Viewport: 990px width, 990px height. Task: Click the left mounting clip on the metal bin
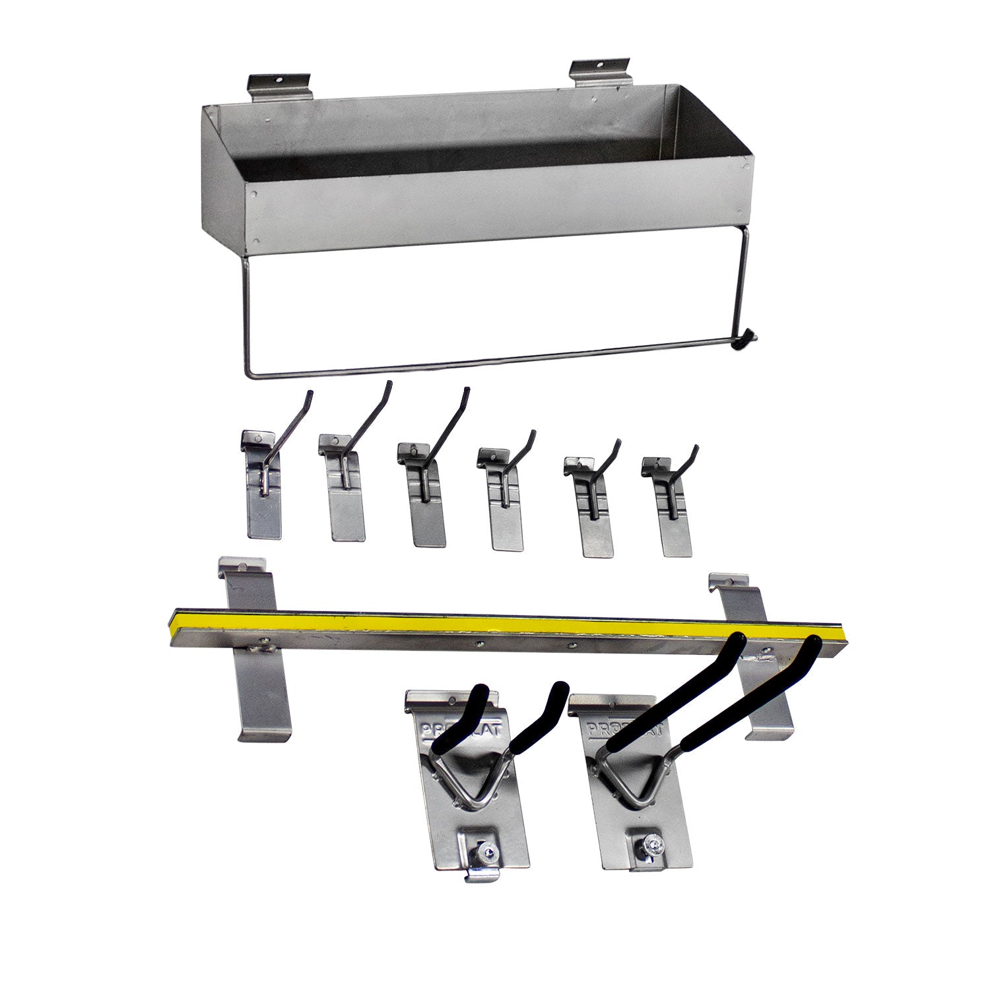pyautogui.click(x=279, y=86)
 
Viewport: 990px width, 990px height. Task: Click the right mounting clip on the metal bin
pyautogui.click(x=600, y=72)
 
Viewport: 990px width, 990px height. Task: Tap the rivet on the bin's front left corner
pyautogui.click(x=255, y=194)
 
